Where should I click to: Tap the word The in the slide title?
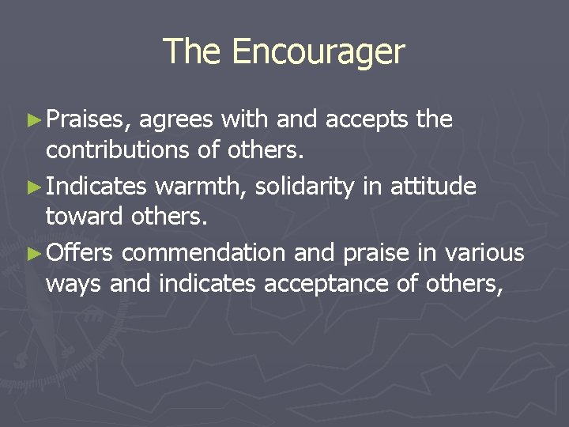[x=193, y=52]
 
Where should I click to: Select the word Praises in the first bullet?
[x=85, y=120]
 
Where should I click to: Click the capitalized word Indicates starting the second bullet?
[x=96, y=187]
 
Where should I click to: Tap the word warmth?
[x=200, y=187]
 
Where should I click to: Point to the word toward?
[x=87, y=216]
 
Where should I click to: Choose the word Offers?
[x=80, y=253]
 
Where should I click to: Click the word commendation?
[x=204, y=253]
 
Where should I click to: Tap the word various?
[x=484, y=253]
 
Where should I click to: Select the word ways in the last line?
[x=74, y=283]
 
